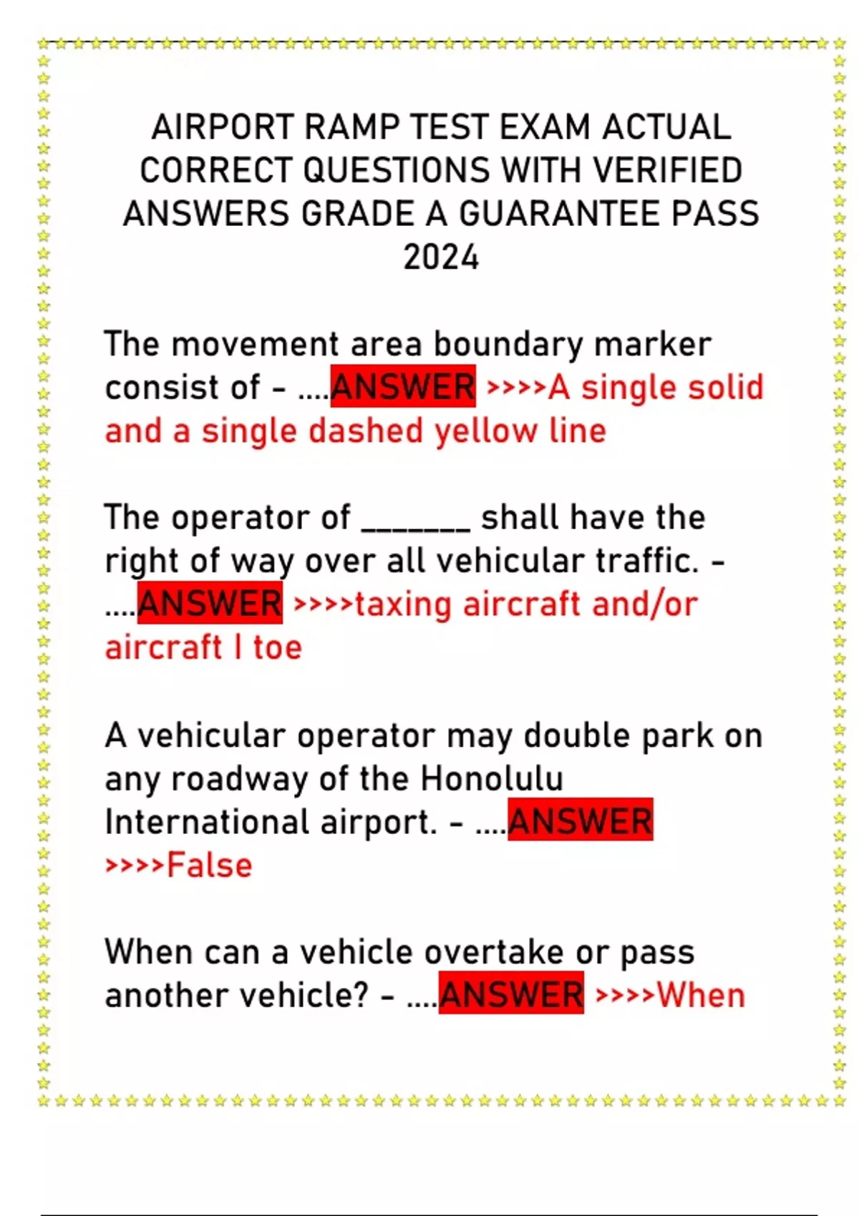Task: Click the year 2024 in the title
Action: click(440, 258)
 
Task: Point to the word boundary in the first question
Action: click(509, 345)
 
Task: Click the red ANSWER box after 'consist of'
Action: click(403, 387)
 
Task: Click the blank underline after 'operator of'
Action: click(416, 519)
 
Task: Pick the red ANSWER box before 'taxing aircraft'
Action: click(210, 604)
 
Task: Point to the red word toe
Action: click(277, 647)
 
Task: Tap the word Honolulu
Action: click(492, 779)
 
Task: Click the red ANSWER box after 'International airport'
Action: click(580, 821)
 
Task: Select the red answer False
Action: click(209, 866)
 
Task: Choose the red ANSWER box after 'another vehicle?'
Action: click(511, 995)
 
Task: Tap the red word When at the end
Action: click(701, 996)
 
